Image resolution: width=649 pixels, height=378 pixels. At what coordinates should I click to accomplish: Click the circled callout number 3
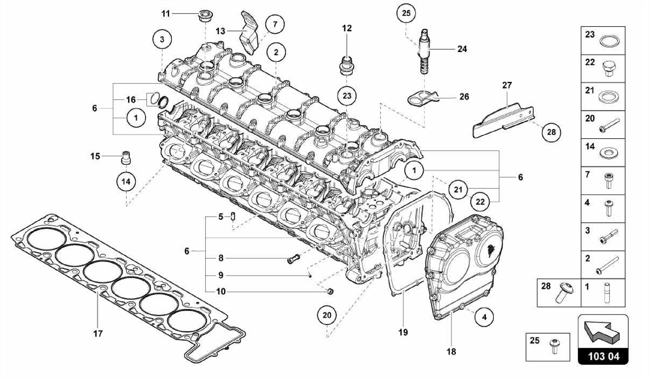(162, 40)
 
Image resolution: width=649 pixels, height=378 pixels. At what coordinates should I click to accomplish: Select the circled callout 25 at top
(406, 13)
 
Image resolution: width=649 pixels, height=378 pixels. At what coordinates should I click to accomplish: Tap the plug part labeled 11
(205, 16)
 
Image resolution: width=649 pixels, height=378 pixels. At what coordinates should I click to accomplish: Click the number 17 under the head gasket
(98, 334)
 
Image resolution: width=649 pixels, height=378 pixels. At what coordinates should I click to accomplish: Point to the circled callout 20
(327, 315)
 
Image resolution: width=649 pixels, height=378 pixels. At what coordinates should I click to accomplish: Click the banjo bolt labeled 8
(294, 259)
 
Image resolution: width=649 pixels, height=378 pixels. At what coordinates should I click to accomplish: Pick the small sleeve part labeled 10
(330, 291)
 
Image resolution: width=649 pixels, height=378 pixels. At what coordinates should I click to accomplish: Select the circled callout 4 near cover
(484, 317)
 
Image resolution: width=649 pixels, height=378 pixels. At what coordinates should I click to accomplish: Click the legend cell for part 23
(603, 41)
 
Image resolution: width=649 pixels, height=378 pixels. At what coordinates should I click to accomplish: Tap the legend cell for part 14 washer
(603, 153)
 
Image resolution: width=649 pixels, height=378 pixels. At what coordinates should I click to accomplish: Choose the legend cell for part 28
(559, 292)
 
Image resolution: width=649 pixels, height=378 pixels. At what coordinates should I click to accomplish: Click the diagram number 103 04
(603, 356)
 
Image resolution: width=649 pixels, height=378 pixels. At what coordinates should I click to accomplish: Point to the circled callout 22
(480, 202)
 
